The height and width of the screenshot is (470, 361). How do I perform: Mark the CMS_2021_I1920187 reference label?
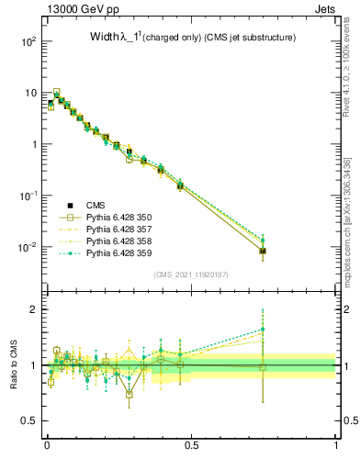(x=191, y=274)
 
